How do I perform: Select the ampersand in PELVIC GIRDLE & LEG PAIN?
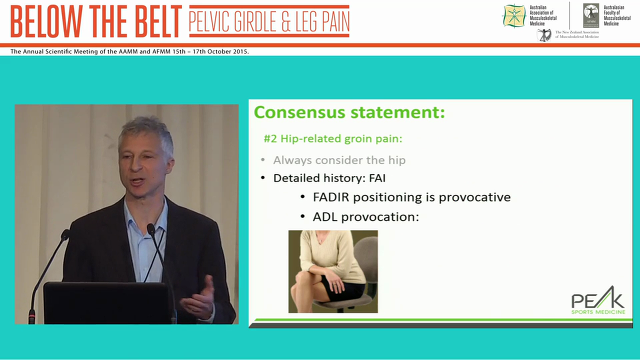click(x=291, y=21)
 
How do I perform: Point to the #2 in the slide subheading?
click(x=270, y=138)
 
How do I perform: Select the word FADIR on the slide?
click(x=331, y=197)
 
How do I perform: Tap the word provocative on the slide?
click(x=474, y=197)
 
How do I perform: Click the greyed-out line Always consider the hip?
click(x=339, y=160)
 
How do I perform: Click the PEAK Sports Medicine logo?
click(x=598, y=303)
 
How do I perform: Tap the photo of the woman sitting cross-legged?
click(x=333, y=271)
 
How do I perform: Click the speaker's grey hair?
click(x=145, y=131)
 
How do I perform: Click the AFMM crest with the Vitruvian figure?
click(x=591, y=15)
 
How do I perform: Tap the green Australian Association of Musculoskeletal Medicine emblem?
click(x=514, y=15)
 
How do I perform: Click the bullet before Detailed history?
click(x=263, y=178)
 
